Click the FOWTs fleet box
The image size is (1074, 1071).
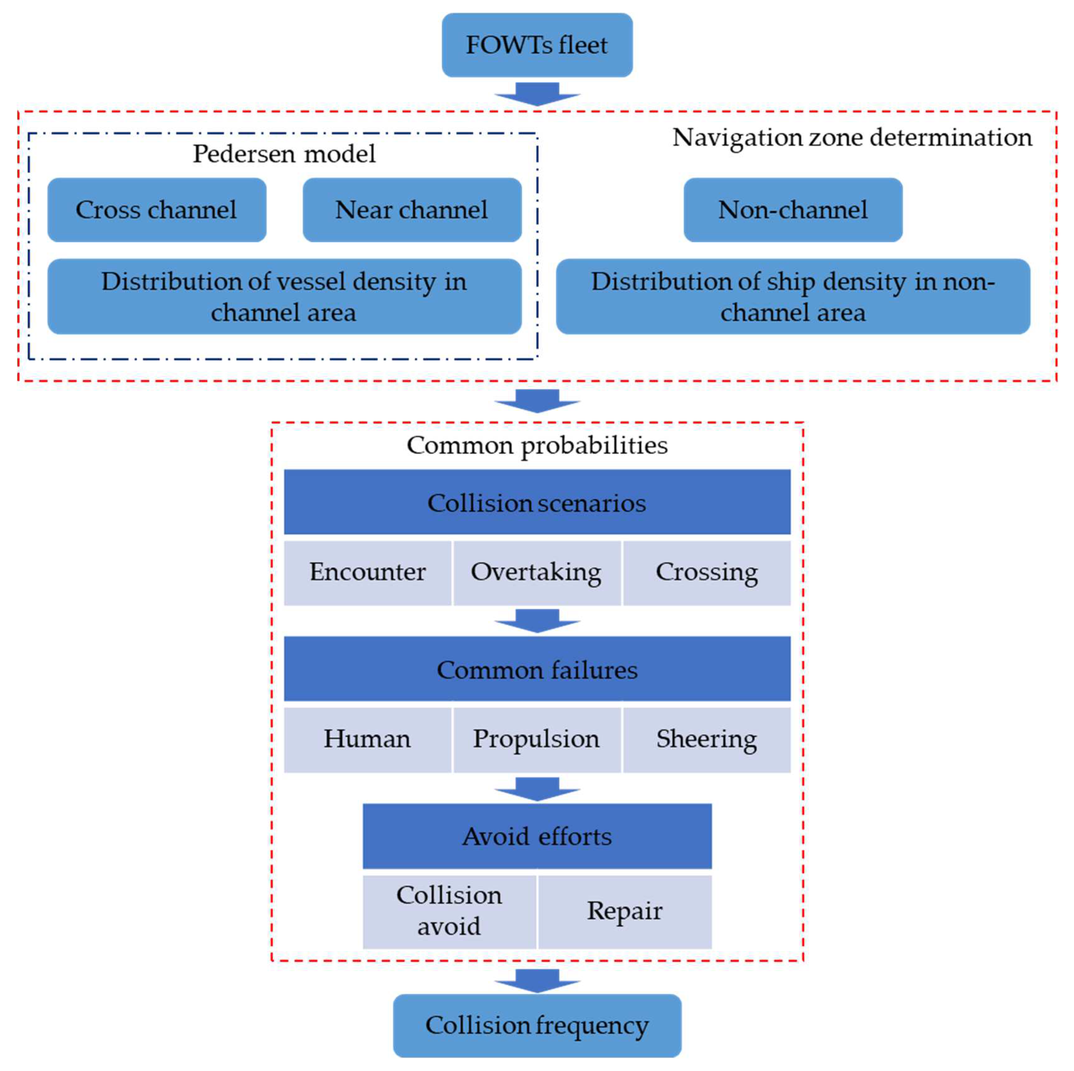[537, 45]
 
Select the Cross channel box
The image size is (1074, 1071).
[157, 210]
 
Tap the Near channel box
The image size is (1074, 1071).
[412, 210]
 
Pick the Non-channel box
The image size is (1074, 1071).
[793, 210]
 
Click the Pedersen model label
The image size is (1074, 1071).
[284, 154]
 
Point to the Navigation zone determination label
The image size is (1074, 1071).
[852, 137]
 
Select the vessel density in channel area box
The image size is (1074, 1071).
[284, 296]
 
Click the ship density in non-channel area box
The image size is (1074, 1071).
[793, 296]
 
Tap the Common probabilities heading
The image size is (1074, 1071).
[537, 445]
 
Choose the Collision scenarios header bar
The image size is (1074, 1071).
[537, 502]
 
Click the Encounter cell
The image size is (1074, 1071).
[367, 572]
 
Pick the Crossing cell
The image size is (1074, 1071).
[707, 572]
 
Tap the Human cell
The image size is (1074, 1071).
[367, 739]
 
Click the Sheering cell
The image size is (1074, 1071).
[707, 739]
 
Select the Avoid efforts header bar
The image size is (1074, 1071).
[537, 836]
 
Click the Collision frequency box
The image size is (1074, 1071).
[537, 1025]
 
